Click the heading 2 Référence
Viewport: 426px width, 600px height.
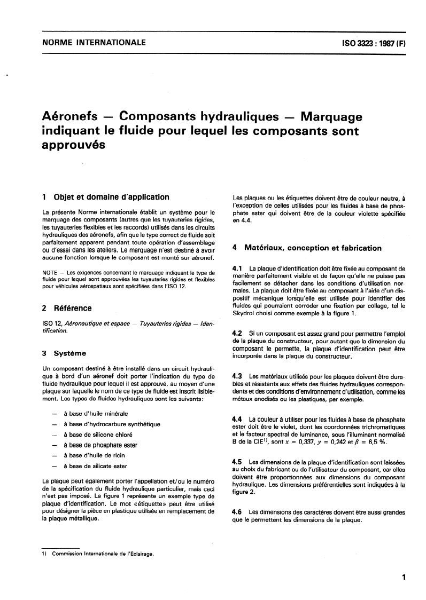(67, 308)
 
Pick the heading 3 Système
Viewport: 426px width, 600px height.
(64, 353)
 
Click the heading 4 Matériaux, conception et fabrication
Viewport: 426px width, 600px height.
(307, 248)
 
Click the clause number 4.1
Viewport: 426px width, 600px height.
(238, 267)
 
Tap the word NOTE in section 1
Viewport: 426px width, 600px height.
(50, 273)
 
